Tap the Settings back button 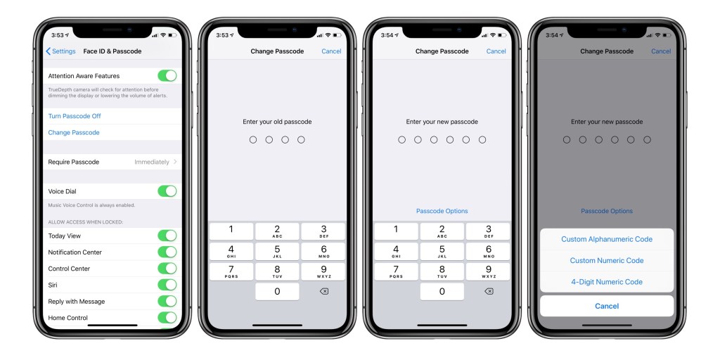pyautogui.click(x=60, y=51)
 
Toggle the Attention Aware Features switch pyautogui.click(x=167, y=76)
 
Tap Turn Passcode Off pyautogui.click(x=75, y=116)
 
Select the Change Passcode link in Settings pyautogui.click(x=74, y=132)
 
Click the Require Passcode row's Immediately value pyautogui.click(x=152, y=162)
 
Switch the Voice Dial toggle pyautogui.click(x=167, y=191)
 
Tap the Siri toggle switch pyautogui.click(x=167, y=285)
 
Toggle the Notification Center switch pyautogui.click(x=167, y=252)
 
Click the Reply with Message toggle pyautogui.click(x=167, y=301)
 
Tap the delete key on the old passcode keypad pyautogui.click(x=323, y=292)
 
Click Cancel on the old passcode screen pyautogui.click(x=331, y=51)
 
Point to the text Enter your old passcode pyautogui.click(x=277, y=122)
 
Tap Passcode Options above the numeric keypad pyautogui.click(x=442, y=211)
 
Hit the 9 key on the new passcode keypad pyautogui.click(x=488, y=271)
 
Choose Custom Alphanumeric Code pyautogui.click(x=606, y=239)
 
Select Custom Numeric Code pyautogui.click(x=606, y=260)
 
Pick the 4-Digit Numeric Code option pyautogui.click(x=606, y=282)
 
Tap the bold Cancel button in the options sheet pyautogui.click(x=606, y=306)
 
